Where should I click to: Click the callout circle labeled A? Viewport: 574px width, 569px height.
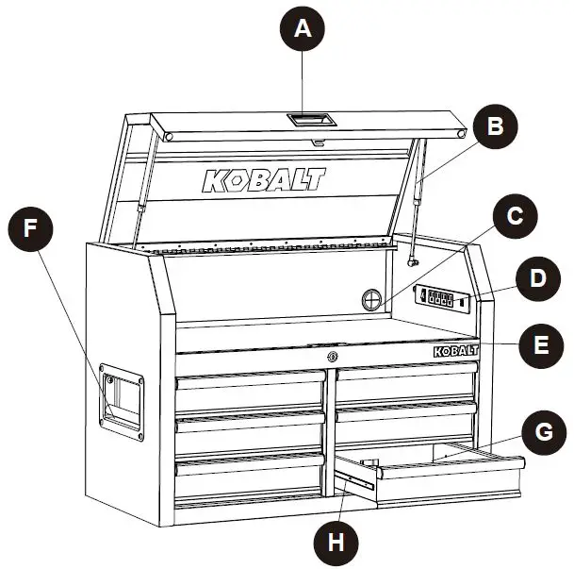point(302,29)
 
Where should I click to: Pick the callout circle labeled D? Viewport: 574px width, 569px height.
point(536,279)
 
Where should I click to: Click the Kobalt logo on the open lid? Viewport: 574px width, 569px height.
point(263,180)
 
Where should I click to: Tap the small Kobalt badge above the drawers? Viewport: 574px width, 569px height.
point(455,350)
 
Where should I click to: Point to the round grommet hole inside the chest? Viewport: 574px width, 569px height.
point(373,300)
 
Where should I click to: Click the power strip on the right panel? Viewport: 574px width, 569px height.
point(441,300)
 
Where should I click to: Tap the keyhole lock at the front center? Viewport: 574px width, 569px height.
point(331,357)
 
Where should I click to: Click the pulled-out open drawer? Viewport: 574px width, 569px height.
point(443,470)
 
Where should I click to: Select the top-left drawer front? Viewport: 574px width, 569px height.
point(251,380)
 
